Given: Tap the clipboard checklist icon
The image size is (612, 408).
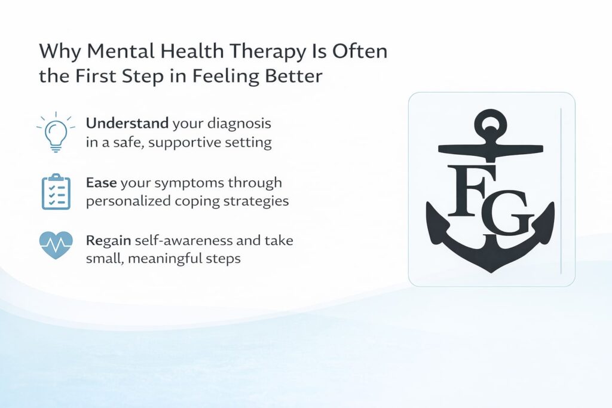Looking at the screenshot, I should [56, 191].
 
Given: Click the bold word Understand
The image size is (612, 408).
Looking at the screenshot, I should [127, 124].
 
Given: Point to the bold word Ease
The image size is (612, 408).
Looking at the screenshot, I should [100, 182].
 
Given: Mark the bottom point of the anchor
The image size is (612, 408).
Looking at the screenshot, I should [490, 271].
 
